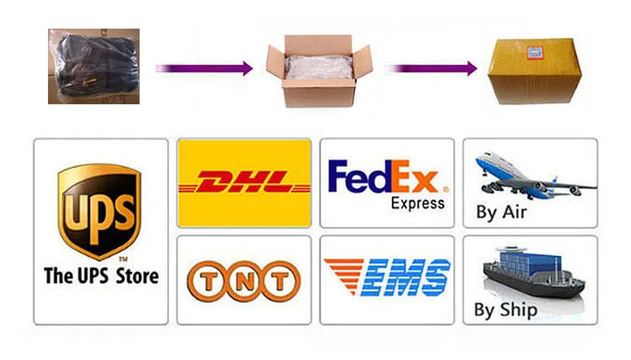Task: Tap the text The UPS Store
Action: (100, 275)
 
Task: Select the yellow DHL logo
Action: (243, 182)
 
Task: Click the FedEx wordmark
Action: (384, 178)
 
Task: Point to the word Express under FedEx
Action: (417, 204)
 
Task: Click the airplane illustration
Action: (533, 174)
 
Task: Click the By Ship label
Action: (505, 310)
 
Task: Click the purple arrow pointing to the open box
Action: (204, 68)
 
